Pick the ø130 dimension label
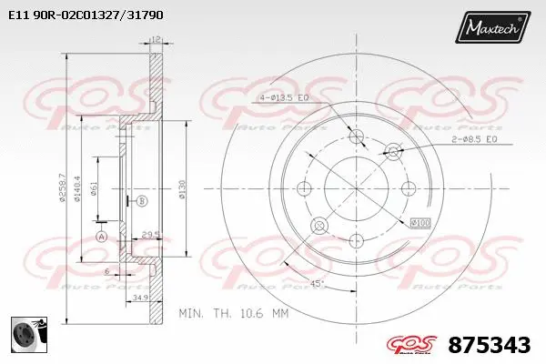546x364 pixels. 183,189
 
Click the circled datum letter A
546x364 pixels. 101,237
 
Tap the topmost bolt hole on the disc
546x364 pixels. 357,136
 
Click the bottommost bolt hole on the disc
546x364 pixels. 357,239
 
